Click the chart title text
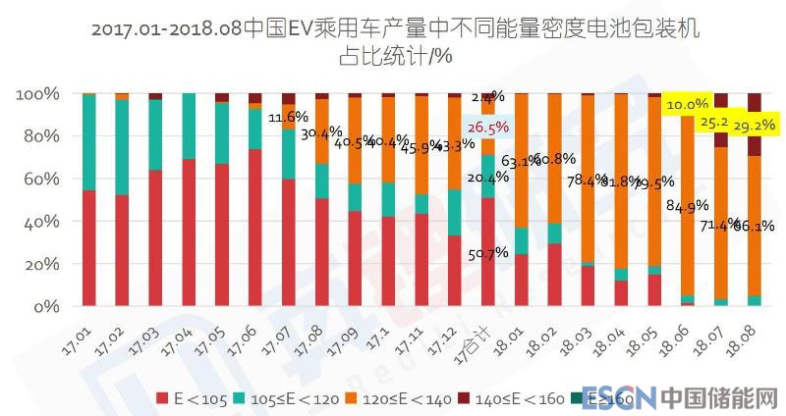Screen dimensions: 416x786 (x=394, y=41)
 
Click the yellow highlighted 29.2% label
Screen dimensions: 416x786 (x=756, y=126)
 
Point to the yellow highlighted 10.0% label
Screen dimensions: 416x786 (x=687, y=104)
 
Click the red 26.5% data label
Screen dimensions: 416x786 (x=488, y=128)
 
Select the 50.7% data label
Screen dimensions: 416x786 (x=488, y=252)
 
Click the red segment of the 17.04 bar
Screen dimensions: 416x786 (x=189, y=233)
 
